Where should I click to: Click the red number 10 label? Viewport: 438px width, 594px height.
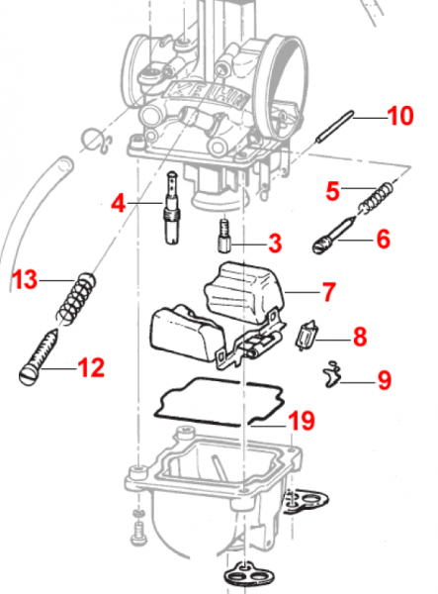coord(399,117)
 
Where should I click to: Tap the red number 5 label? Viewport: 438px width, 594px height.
coord(332,188)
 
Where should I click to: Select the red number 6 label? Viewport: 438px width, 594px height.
coord(382,238)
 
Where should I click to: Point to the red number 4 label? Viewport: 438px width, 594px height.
coord(120,204)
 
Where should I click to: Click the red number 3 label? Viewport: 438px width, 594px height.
coord(274,241)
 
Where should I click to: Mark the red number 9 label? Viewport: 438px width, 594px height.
coord(384,378)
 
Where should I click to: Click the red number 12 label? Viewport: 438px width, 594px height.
coord(90,369)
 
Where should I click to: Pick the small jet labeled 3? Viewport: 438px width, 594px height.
coord(225,238)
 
